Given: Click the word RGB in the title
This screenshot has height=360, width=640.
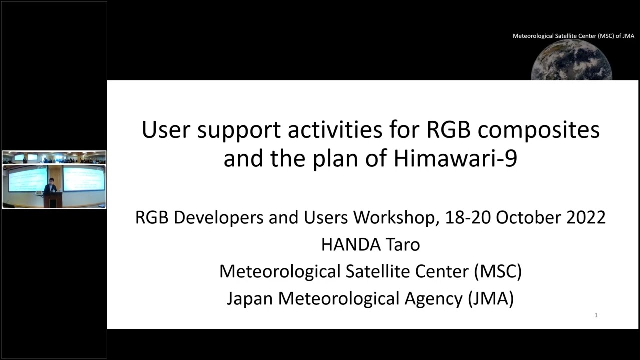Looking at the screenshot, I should click(x=448, y=130).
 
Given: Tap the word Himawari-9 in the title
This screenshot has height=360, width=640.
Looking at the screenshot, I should click(x=455, y=159).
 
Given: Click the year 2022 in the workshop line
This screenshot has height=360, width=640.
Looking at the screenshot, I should click(x=586, y=218).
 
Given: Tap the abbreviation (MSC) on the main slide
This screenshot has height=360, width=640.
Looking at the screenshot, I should click(x=498, y=272).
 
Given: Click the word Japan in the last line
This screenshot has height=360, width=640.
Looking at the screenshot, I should click(x=250, y=298).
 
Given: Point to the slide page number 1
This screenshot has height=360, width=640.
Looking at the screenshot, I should click(x=596, y=315).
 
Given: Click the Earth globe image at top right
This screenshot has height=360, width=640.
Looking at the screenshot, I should click(x=571, y=61).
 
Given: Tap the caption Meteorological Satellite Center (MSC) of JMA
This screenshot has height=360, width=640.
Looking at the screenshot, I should click(x=573, y=36).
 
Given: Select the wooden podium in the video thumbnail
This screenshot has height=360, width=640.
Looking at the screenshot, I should click(x=52, y=200).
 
